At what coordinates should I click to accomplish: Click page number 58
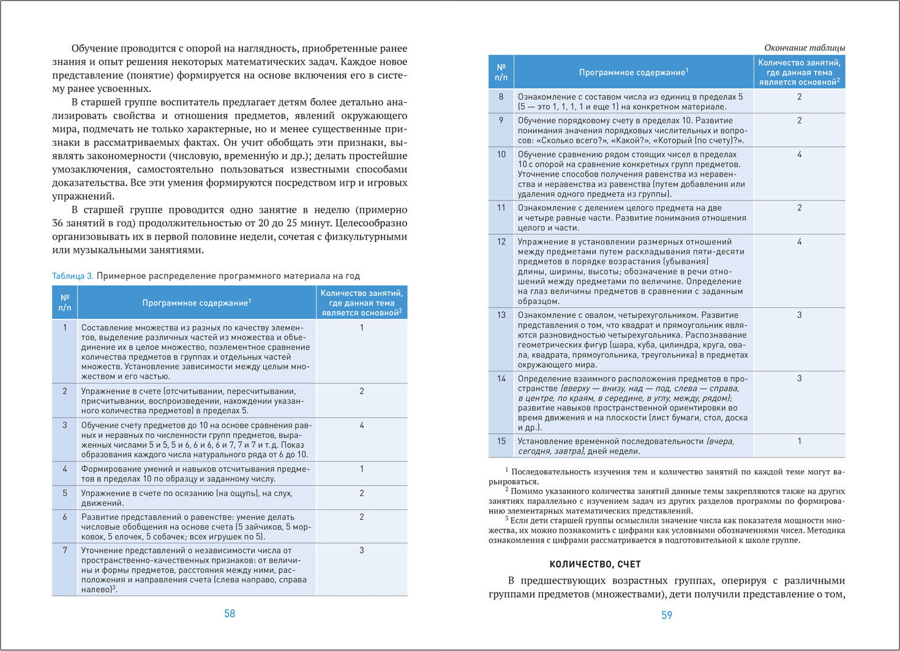click(230, 614)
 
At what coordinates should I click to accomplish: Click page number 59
click(667, 615)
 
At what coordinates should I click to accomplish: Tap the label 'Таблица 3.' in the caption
click(73, 276)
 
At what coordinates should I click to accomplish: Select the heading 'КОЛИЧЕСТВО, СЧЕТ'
click(595, 564)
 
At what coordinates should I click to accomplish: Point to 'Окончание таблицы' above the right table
click(804, 48)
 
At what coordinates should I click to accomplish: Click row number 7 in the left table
click(65, 550)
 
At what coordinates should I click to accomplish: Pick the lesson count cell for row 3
click(362, 425)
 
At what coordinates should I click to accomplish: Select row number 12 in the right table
click(501, 242)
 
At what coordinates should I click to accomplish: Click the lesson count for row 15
click(799, 441)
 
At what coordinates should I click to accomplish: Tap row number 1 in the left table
click(65, 328)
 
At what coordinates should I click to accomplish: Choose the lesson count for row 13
click(799, 315)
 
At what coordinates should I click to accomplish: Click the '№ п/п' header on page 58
click(65, 302)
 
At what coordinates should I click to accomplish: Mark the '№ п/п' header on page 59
click(501, 72)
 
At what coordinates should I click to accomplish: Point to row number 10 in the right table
click(501, 154)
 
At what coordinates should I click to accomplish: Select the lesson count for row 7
click(362, 550)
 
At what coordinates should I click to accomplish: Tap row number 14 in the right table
click(501, 379)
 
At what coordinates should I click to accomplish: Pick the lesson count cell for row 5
click(362, 493)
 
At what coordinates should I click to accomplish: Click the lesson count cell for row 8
click(799, 97)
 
